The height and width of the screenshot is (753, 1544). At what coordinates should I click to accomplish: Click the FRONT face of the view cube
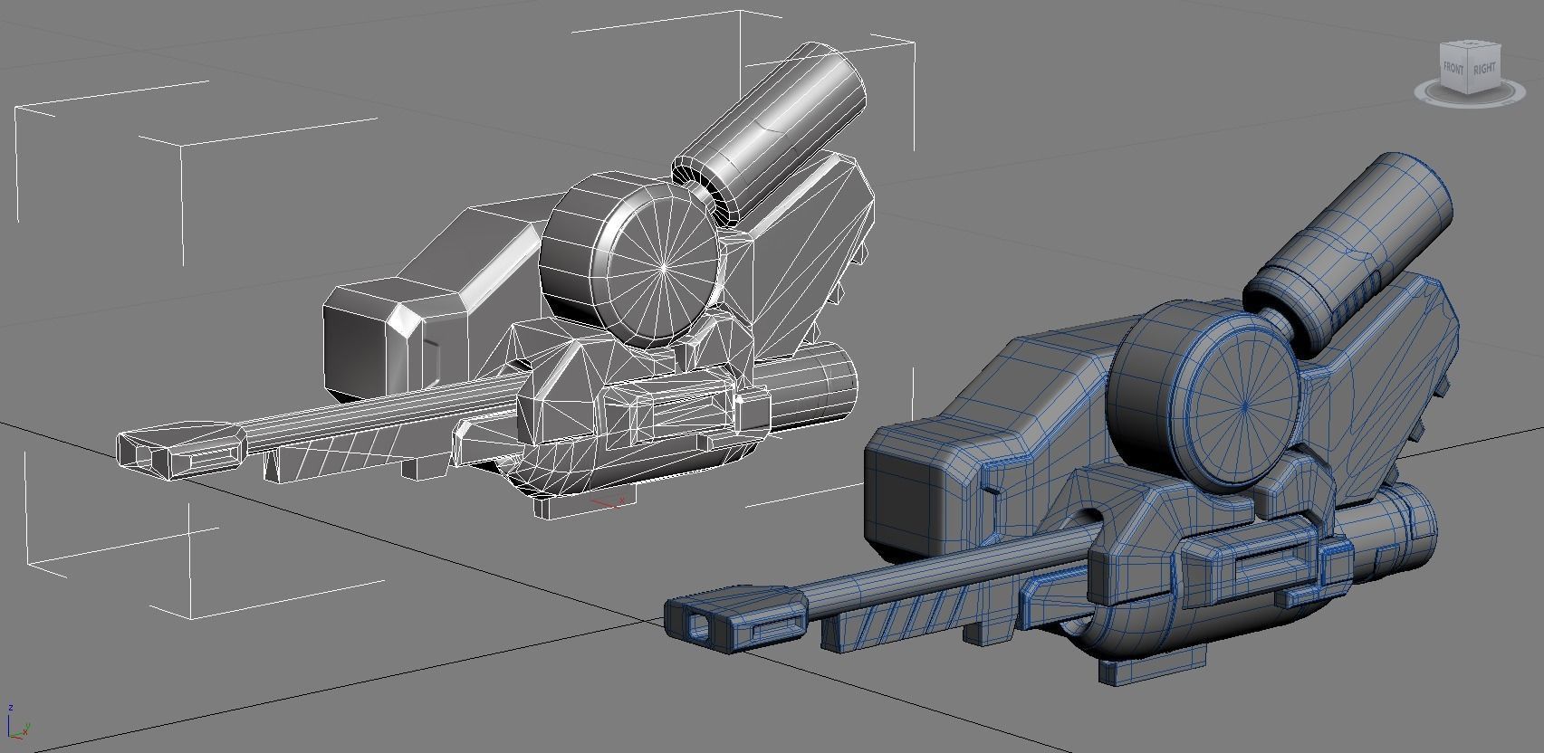[x=1453, y=69]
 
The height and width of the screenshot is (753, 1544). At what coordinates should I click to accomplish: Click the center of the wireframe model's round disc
[x=664, y=267]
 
